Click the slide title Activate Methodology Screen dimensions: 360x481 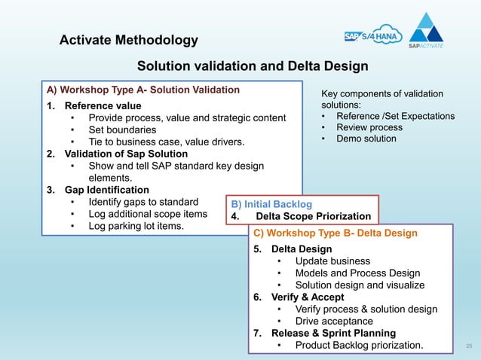(x=128, y=40)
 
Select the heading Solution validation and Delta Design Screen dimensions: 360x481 (x=252, y=66)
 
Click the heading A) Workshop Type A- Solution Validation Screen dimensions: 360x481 (x=143, y=90)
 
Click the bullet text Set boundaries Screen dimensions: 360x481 (x=122, y=130)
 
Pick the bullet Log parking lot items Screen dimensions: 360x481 (x=136, y=226)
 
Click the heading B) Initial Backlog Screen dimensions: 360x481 (x=272, y=203)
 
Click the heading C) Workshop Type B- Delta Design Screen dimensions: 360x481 (x=335, y=233)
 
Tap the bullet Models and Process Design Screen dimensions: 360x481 (x=357, y=273)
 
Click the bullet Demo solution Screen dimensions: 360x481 (x=366, y=139)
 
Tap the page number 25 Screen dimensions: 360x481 (x=468, y=346)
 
